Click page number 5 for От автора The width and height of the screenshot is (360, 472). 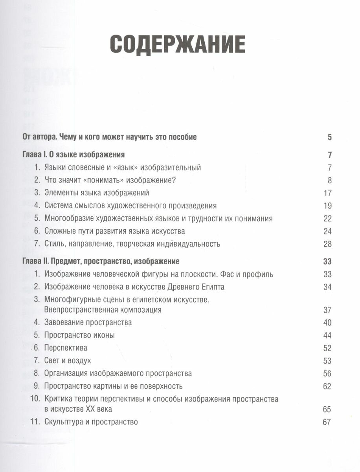(329, 137)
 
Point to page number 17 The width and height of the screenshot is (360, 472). (327, 193)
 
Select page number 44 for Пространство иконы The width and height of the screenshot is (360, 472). (327, 336)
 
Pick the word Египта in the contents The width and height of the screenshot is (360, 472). (212, 287)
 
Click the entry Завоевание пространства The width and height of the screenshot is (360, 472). (88, 323)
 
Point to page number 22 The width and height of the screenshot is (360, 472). (327, 218)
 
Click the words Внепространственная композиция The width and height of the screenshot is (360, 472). (103, 310)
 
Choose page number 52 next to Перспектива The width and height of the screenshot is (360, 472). (327, 348)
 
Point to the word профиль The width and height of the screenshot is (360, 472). (258, 274)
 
